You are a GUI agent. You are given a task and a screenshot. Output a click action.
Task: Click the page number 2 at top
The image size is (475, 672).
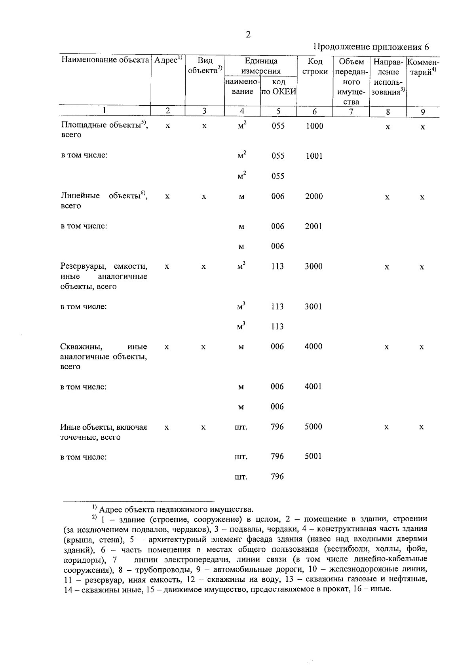pos(248,35)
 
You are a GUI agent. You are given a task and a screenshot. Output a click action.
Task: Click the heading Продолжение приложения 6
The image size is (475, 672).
pos(371,47)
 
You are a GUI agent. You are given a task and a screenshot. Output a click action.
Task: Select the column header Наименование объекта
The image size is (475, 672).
pos(105,60)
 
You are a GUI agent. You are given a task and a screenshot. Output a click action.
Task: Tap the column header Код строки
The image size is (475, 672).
pos(315,66)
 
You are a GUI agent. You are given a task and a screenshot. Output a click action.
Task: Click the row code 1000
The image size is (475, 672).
pos(314,126)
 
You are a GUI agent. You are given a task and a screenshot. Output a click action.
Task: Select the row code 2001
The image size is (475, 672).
pos(313,226)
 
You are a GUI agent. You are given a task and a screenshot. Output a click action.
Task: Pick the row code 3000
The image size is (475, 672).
pos(313,267)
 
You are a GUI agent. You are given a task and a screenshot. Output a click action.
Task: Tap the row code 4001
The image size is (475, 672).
pos(313,387)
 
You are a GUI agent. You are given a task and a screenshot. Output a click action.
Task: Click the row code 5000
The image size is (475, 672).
pos(313,427)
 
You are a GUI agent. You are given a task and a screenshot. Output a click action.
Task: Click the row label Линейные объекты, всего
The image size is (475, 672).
pos(104,201)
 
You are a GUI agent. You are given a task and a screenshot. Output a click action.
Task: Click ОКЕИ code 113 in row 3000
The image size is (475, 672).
pos(277,267)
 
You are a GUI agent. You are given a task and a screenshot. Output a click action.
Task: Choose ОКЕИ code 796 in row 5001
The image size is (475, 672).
pos(277,457)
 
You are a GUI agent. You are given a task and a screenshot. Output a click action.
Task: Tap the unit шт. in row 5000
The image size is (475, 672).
pos(241,427)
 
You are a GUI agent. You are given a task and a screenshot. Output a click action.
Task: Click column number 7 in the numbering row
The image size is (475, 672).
pos(351,112)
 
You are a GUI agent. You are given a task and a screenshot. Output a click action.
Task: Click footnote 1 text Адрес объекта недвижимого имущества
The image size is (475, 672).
pos(176,509)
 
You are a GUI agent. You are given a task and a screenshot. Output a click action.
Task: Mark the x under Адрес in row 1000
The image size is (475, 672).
pos(168,126)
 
